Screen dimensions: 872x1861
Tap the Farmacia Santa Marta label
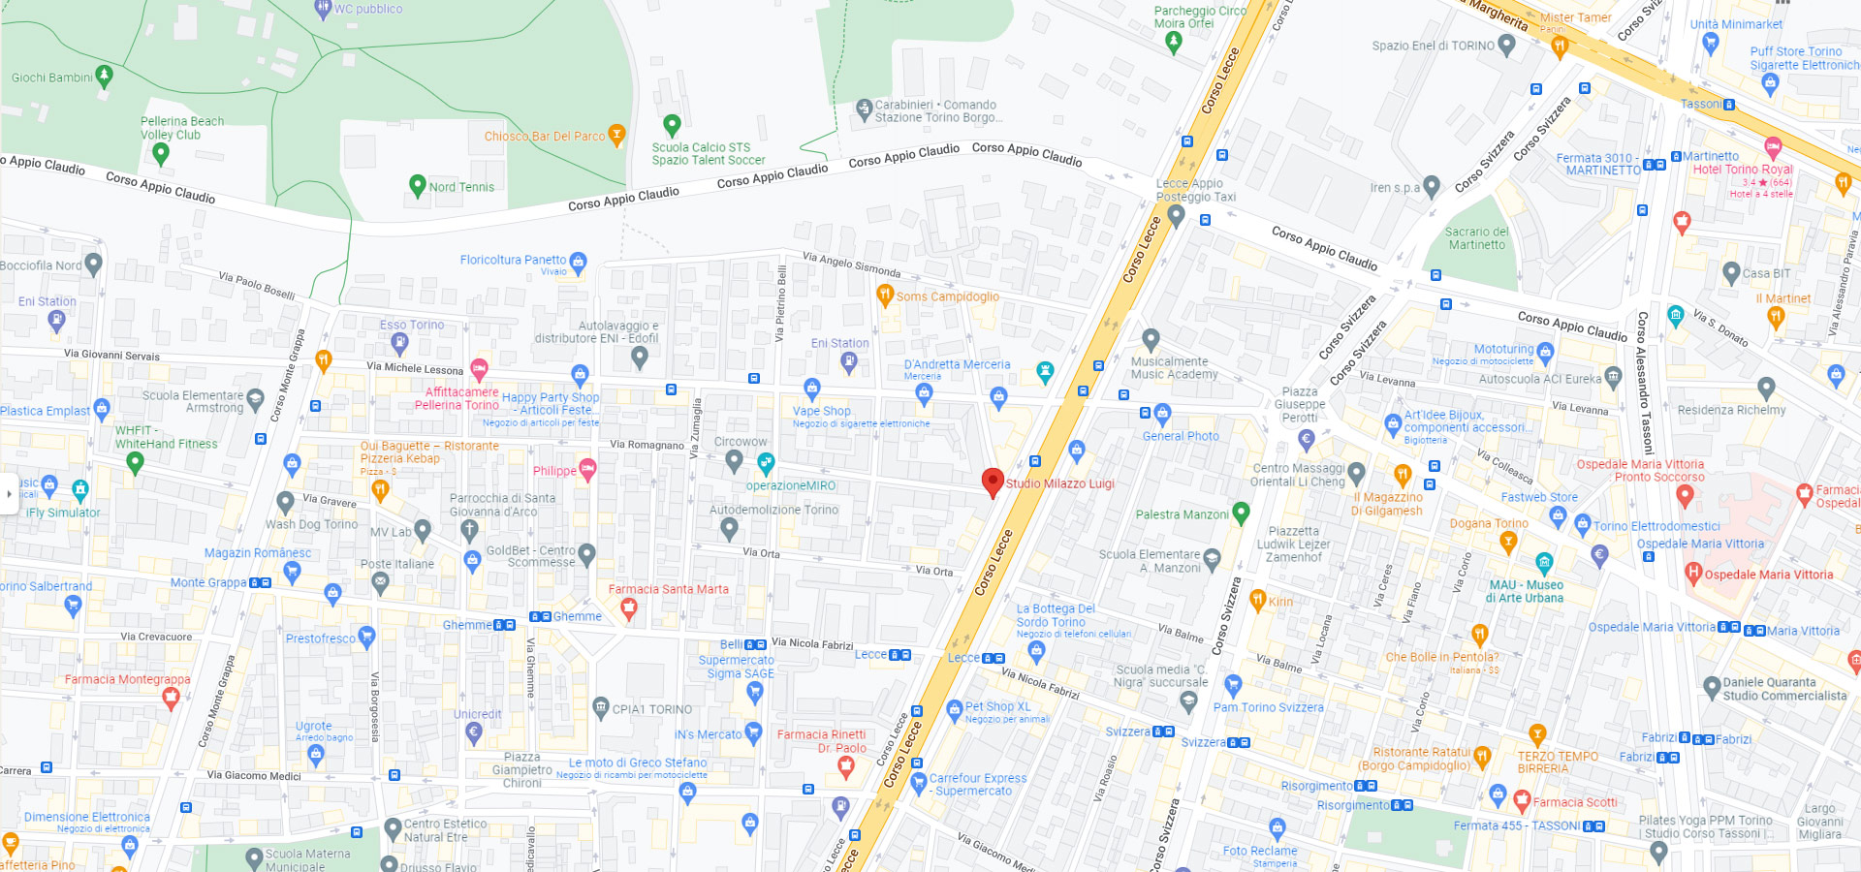point(668,589)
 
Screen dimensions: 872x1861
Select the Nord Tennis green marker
point(418,184)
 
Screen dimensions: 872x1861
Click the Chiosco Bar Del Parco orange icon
point(616,135)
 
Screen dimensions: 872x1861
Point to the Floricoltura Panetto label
point(513,260)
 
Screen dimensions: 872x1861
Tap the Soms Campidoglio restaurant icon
point(884,295)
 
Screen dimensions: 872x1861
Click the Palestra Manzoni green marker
point(1241,513)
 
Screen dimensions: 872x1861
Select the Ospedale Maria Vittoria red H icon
point(1693,573)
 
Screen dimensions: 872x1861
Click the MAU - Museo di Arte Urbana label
point(1526,591)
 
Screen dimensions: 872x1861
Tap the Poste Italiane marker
point(380,582)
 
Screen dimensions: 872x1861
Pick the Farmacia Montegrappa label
point(127,679)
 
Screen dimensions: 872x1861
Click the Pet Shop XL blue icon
point(954,709)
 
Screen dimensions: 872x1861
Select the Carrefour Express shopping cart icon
point(918,783)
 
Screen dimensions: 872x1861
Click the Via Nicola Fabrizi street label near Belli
point(812,643)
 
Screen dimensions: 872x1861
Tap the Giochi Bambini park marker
point(105,76)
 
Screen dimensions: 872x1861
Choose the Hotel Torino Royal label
point(1743,169)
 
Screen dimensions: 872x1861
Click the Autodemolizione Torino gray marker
point(729,528)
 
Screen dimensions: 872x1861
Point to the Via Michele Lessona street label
point(415,368)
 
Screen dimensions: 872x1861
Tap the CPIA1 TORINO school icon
point(601,707)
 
